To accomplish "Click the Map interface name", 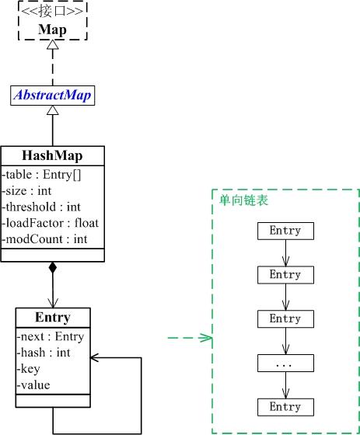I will pos(53,30).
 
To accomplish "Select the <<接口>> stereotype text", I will pos(53,14).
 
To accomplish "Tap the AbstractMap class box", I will pos(53,96).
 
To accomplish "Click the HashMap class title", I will pos(52,155).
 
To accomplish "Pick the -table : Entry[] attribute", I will pos(39,174).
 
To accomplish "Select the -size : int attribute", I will pos(29,190).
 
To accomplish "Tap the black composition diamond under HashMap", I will pos(52,268).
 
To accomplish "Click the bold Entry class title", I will pos(52,317).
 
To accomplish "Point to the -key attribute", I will pos(30,369).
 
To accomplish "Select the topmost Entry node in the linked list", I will pos(285,231).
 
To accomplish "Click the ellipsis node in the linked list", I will pos(285,363).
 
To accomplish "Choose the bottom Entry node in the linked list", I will pos(285,407).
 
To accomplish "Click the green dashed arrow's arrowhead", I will pos(207,338).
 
